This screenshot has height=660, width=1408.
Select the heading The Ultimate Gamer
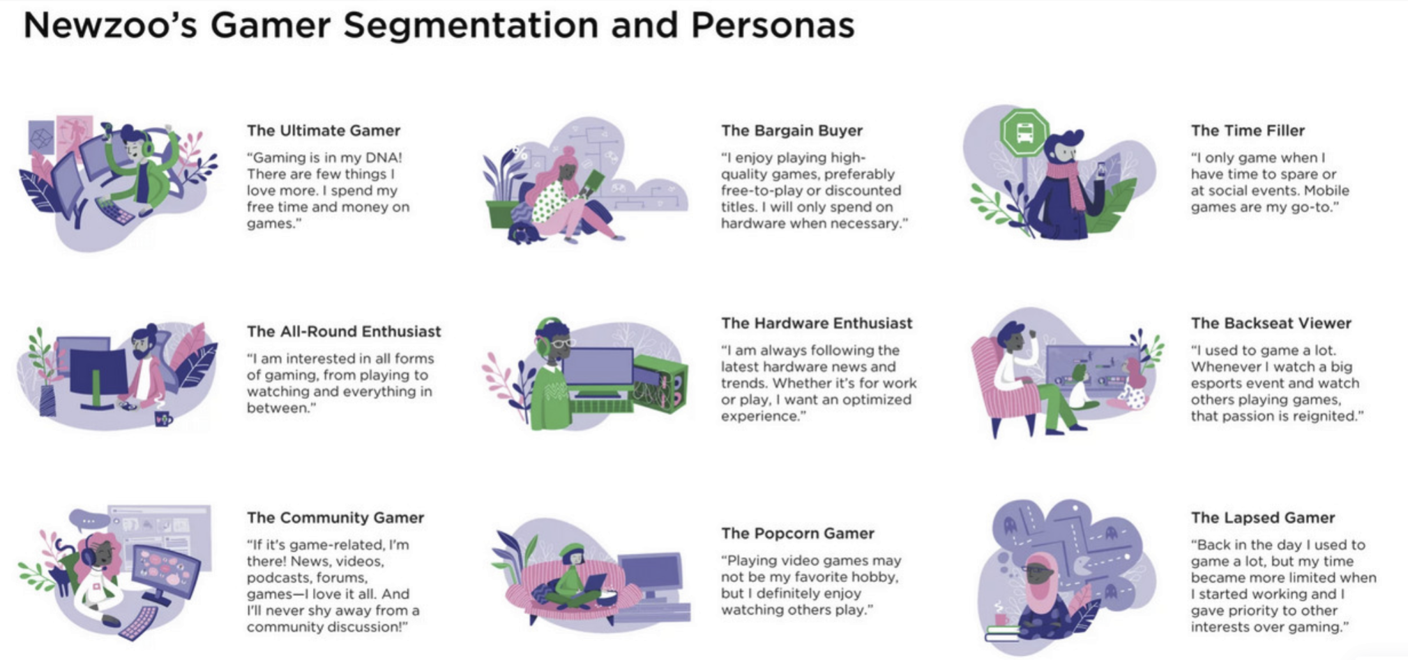coord(323,130)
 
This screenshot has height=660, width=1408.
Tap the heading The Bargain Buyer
coord(792,130)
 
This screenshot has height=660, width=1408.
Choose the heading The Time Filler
coord(1247,130)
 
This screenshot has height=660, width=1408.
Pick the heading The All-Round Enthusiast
coord(343,331)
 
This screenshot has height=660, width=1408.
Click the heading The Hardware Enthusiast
coord(816,323)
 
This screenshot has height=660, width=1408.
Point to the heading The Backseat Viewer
coord(1271,323)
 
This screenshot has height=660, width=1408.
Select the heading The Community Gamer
coord(335,518)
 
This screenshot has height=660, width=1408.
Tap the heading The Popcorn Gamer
coord(797,534)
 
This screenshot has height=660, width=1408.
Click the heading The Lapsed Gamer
coord(1262,518)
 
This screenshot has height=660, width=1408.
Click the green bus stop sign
coord(1024,132)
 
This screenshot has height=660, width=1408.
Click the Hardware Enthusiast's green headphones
coord(541,335)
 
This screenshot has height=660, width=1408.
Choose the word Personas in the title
coord(772,26)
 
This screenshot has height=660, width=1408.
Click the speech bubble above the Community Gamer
coord(89,520)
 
